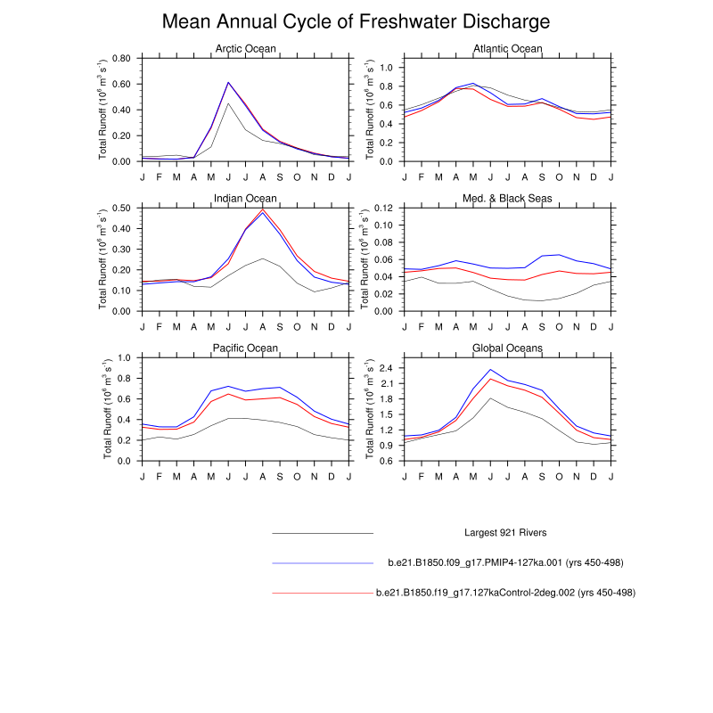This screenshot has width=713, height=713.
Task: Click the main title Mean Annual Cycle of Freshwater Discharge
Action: point(356,21)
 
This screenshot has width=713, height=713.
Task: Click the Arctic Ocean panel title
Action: point(246,49)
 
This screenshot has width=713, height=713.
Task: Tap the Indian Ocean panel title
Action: point(246,198)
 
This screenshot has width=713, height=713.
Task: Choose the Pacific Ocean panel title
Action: point(246,348)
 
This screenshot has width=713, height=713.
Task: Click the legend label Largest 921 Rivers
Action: point(505,533)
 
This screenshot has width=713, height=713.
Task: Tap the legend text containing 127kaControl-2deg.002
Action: point(505,592)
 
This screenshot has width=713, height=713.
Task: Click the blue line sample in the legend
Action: point(322,563)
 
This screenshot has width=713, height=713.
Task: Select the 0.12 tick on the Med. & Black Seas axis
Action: point(382,208)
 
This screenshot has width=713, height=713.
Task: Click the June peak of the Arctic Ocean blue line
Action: point(228,83)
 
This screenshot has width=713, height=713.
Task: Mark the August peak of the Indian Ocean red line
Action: point(263,209)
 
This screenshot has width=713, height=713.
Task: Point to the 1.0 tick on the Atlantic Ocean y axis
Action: point(386,68)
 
